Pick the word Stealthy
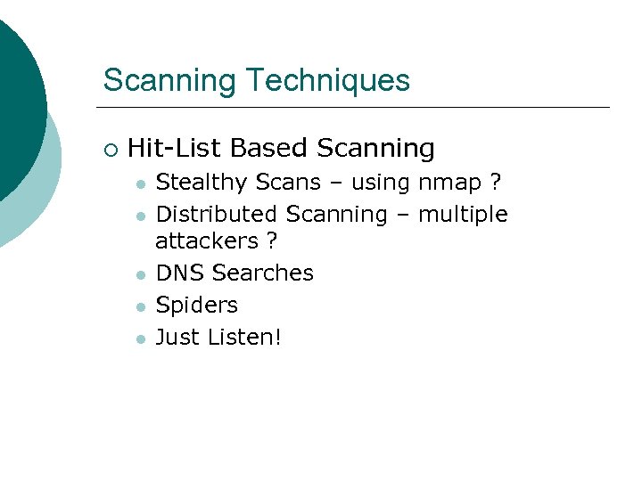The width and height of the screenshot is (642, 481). click(202, 183)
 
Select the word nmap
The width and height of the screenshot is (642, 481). click(448, 183)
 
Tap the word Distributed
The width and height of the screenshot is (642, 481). click(217, 215)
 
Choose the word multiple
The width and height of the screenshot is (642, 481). click(463, 215)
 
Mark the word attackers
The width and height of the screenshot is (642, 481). click(202, 241)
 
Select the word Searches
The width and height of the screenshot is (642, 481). click(263, 273)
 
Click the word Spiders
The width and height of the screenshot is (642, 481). click(197, 305)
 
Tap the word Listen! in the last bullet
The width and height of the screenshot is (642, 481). click(243, 337)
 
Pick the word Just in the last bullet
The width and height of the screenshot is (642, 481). click(177, 337)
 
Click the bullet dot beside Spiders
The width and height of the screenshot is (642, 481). click(140, 306)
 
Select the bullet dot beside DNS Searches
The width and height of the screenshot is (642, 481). click(140, 274)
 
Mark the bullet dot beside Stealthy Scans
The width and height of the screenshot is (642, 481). click(140, 184)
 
